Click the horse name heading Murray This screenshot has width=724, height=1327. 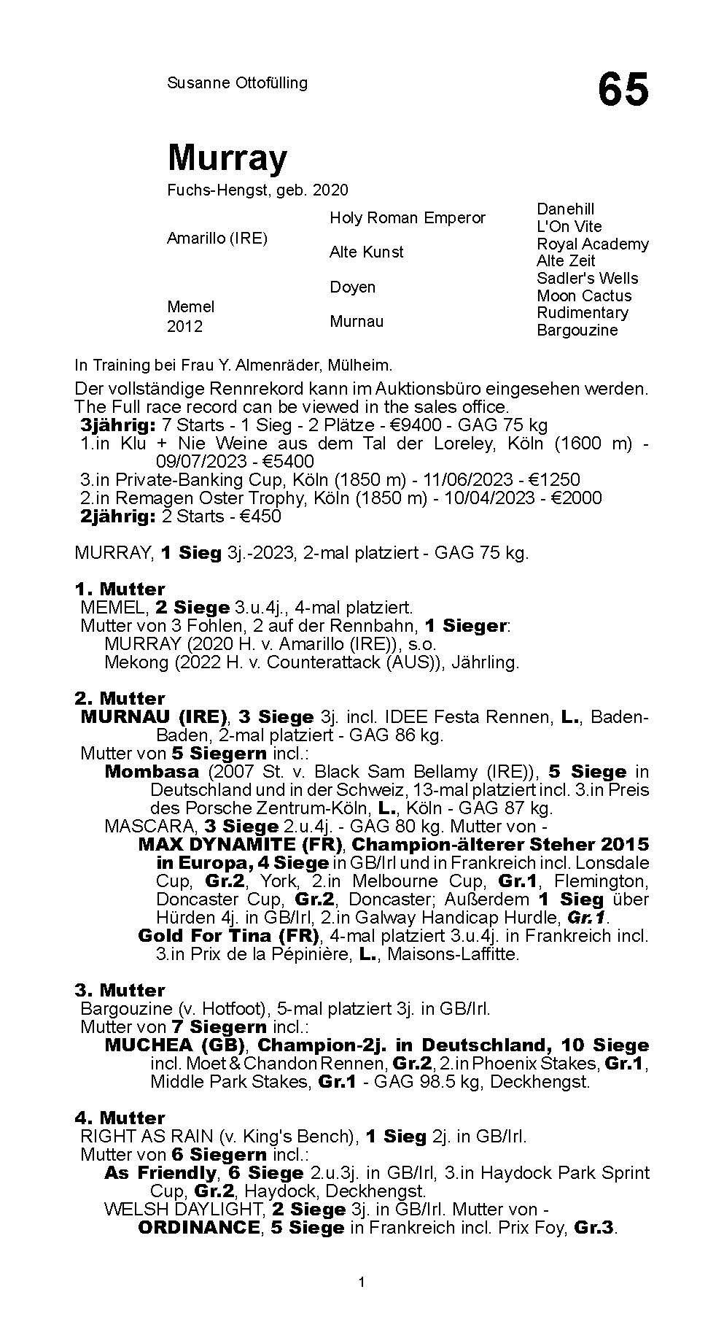tap(227, 157)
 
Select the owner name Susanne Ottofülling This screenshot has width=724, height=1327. tap(237, 82)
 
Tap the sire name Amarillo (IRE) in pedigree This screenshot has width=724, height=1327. tap(217, 239)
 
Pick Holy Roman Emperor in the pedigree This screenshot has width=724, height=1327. tap(407, 217)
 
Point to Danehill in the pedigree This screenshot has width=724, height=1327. tap(565, 209)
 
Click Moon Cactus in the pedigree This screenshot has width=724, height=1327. tap(583, 295)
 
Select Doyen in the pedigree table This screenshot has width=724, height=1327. tap(352, 287)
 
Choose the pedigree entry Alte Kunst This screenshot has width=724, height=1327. tap(366, 252)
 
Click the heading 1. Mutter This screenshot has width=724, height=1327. tap(120, 589)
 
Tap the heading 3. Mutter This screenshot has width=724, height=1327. tap(120, 990)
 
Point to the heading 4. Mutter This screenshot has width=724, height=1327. tap(120, 1118)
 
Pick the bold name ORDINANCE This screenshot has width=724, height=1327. tap(198, 1227)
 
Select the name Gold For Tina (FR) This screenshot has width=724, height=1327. tap(228, 935)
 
